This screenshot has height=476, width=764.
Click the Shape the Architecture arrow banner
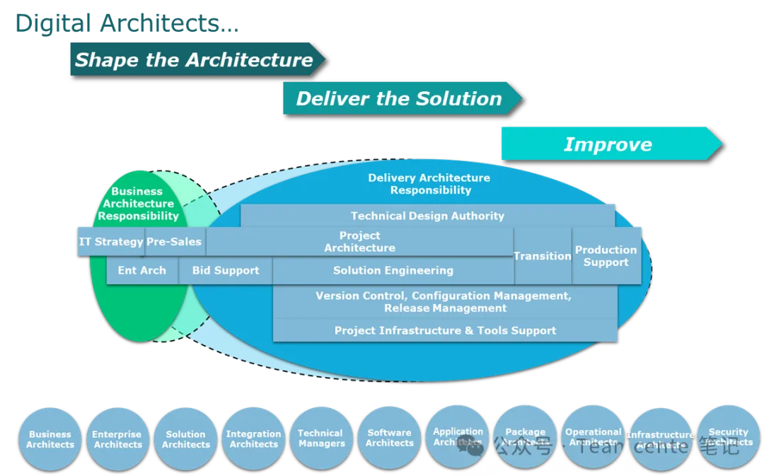tap(194, 59)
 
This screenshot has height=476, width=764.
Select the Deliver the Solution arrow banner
tap(399, 98)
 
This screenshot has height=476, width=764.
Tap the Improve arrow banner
tap(608, 144)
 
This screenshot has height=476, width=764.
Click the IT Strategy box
tap(111, 242)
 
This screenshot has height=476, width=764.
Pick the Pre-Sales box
tap(174, 242)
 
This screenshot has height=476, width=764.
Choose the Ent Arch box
tap(142, 270)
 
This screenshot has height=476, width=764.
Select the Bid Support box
tap(226, 270)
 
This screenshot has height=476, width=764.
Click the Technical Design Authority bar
tap(427, 216)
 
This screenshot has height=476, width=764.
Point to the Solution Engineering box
tap(393, 270)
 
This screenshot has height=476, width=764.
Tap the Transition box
tap(543, 256)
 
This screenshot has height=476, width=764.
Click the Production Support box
tap(606, 255)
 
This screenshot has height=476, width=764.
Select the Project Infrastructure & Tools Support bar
tap(445, 330)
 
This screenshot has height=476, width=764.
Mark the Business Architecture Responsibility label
tap(138, 204)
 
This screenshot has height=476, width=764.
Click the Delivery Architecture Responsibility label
tap(429, 184)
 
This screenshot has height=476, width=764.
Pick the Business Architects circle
tap(50, 439)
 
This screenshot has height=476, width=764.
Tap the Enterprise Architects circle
tap(117, 439)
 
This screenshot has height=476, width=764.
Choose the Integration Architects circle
tap(253, 439)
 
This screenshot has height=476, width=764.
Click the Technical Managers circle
tap(321, 439)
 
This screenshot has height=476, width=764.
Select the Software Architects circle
tap(389, 438)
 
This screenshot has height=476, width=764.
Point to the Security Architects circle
tap(728, 436)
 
